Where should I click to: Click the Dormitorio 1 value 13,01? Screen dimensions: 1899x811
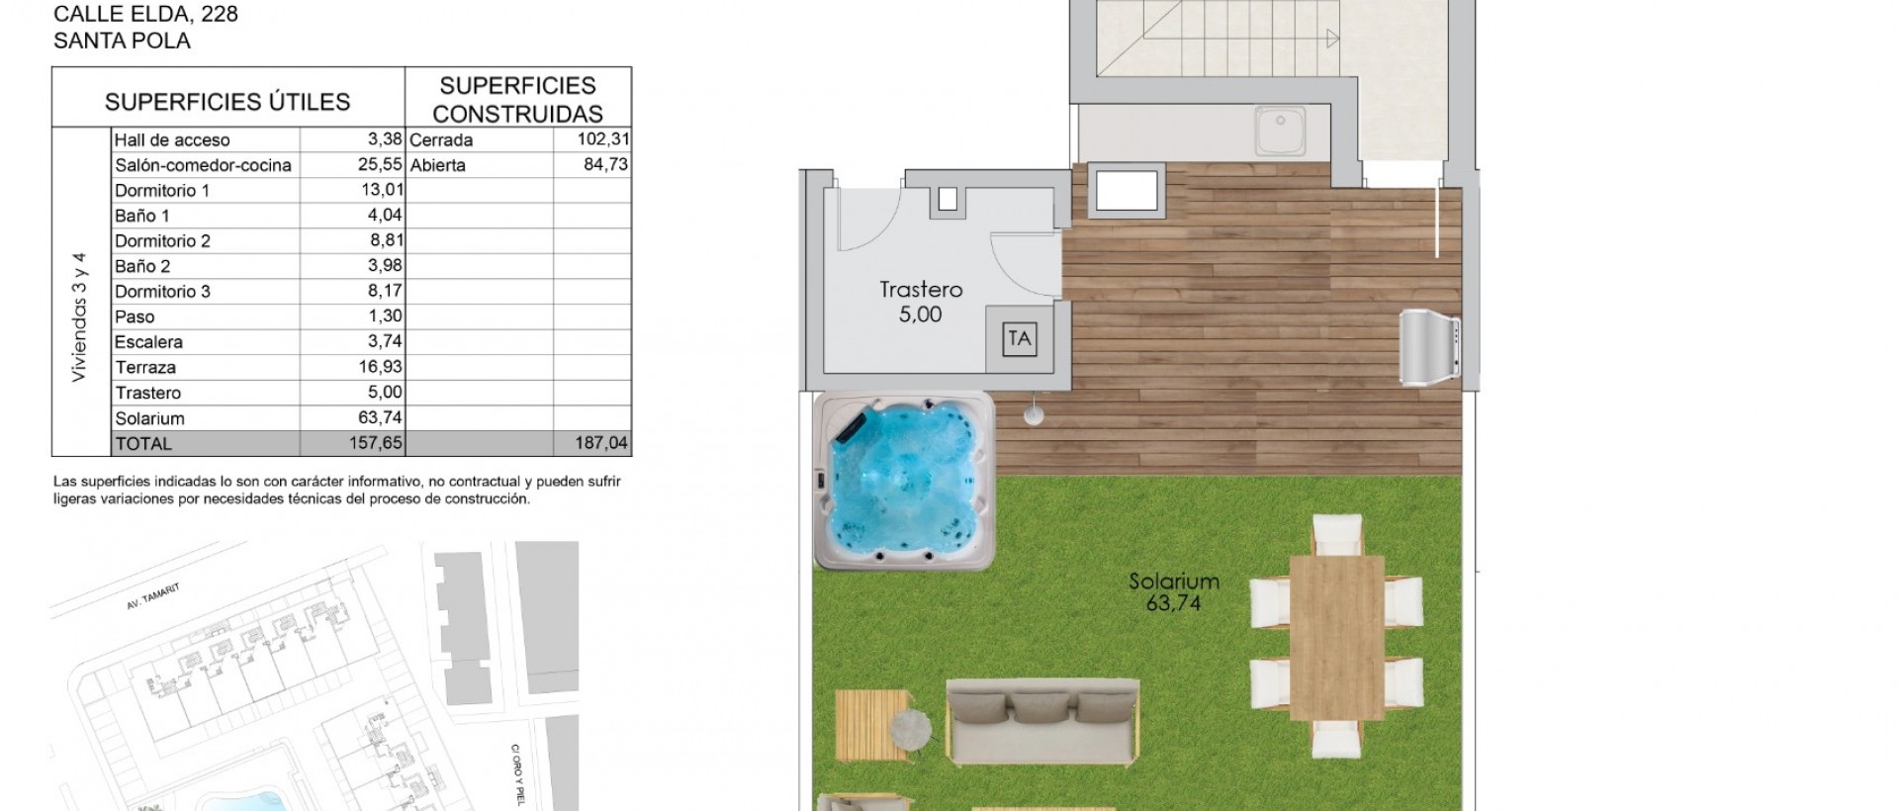point(382,190)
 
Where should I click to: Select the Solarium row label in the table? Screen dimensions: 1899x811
point(149,418)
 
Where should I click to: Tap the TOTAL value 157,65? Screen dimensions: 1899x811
point(376,443)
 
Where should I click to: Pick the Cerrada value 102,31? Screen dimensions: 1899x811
point(603,139)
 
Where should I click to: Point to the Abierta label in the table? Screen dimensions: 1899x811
point(437,165)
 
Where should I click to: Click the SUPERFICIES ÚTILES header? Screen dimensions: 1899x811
point(227,102)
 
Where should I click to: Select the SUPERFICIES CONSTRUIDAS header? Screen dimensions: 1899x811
point(518,99)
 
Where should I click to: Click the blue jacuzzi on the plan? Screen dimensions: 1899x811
point(904,482)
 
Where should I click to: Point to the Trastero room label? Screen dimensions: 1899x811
point(921,290)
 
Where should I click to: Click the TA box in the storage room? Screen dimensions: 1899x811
point(1019,339)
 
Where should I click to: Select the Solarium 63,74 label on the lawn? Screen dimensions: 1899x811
point(1174,591)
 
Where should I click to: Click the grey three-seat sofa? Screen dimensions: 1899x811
point(1043,721)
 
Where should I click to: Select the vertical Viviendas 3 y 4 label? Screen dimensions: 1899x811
point(80,317)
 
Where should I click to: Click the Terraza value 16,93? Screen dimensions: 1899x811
point(382,367)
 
